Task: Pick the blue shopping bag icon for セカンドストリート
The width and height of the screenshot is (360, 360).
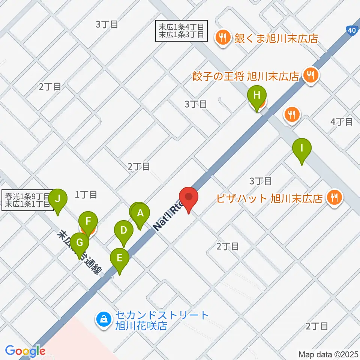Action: tap(103, 320)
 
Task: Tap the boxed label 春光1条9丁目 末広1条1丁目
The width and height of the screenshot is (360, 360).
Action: tap(26, 200)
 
